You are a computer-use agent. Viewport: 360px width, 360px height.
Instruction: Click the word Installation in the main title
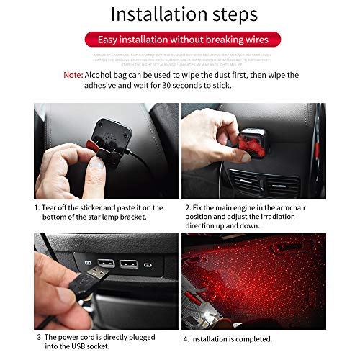click(153, 15)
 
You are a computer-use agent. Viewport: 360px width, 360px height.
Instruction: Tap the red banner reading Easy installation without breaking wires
click(179, 40)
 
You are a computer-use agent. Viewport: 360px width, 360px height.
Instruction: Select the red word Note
click(72, 74)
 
